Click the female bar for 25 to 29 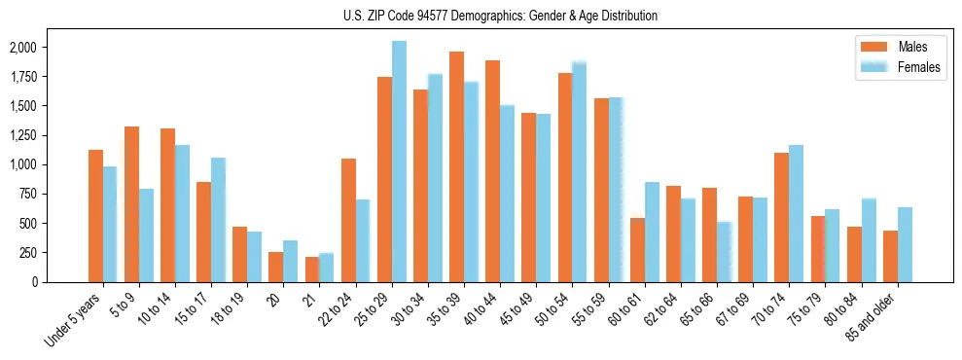click(x=399, y=162)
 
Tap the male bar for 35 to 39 click(x=456, y=166)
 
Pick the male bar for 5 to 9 click(x=131, y=204)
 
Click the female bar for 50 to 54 click(x=579, y=172)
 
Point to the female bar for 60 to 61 click(x=652, y=232)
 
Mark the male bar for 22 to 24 click(x=348, y=220)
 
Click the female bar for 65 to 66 click(x=724, y=252)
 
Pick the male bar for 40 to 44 click(x=492, y=171)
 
